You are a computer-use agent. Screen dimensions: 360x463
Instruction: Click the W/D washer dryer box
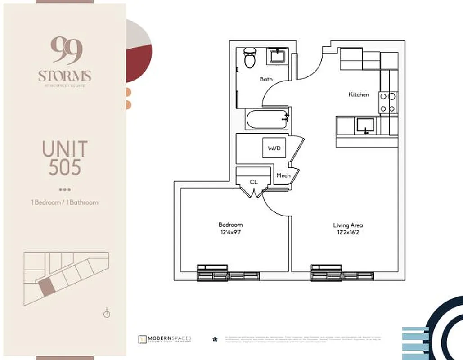[274, 148]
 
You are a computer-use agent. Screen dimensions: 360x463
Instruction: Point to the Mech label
[283, 175]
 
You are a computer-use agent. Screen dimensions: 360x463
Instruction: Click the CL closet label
[254, 182]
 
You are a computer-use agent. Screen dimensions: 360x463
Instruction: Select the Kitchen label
[359, 94]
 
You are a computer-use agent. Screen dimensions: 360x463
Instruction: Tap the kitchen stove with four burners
[388, 102]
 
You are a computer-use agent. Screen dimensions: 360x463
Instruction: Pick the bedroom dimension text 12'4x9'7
[230, 233]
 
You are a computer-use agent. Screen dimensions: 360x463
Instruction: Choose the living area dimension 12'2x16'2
[348, 233]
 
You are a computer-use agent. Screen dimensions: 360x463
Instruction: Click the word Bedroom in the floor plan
[230, 225]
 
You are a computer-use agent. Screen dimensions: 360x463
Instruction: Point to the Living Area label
[348, 225]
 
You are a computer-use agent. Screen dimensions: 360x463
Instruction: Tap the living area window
[342, 273]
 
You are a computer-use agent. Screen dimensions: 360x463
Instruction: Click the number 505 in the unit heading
[65, 167]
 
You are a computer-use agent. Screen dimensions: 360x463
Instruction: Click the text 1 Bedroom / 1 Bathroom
[65, 202]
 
